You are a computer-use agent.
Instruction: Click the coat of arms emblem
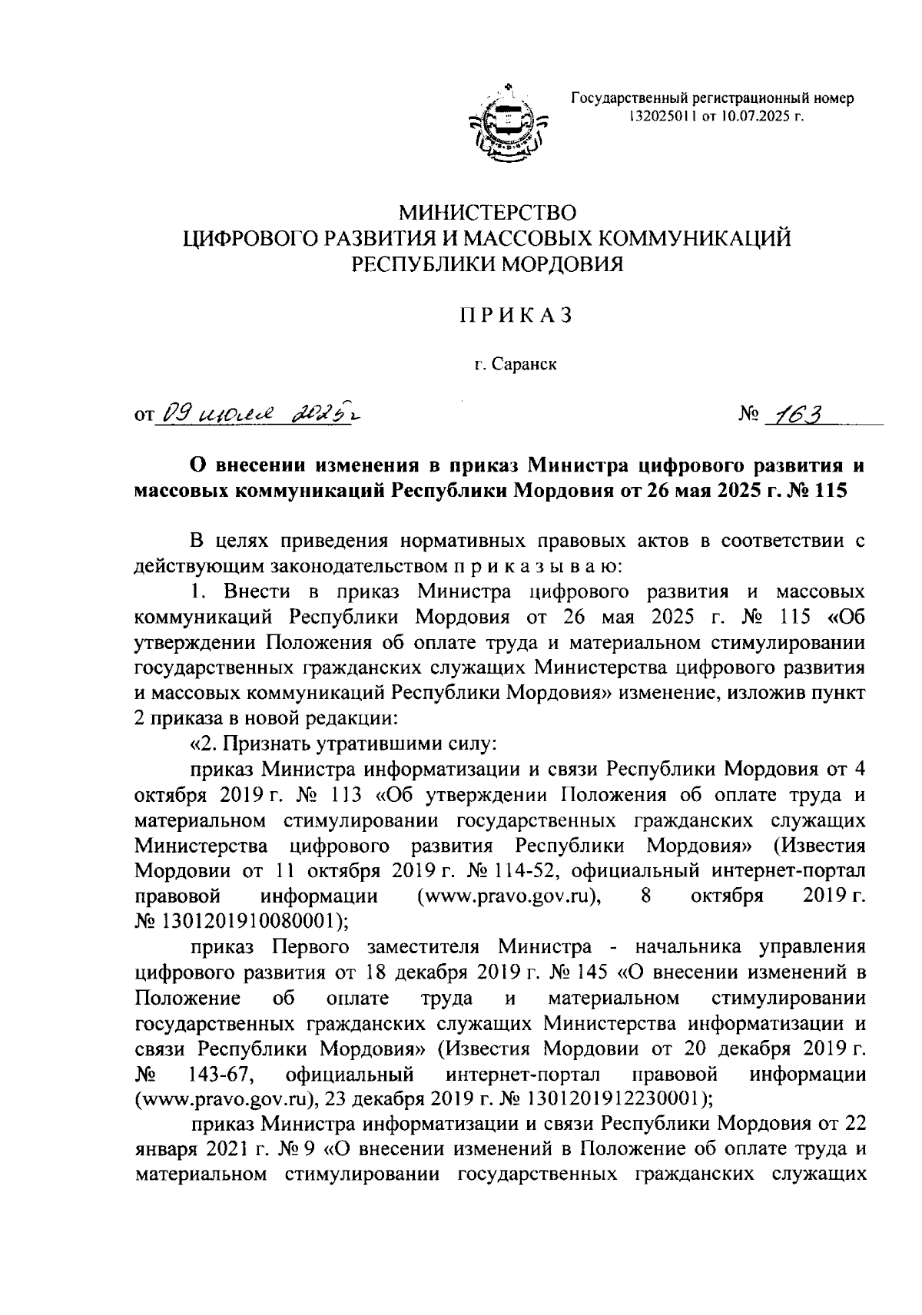pyautogui.click(x=508, y=123)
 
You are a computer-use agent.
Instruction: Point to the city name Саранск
pyautogui.click(x=522, y=365)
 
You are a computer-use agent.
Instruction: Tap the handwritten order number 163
pyautogui.click(x=797, y=416)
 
